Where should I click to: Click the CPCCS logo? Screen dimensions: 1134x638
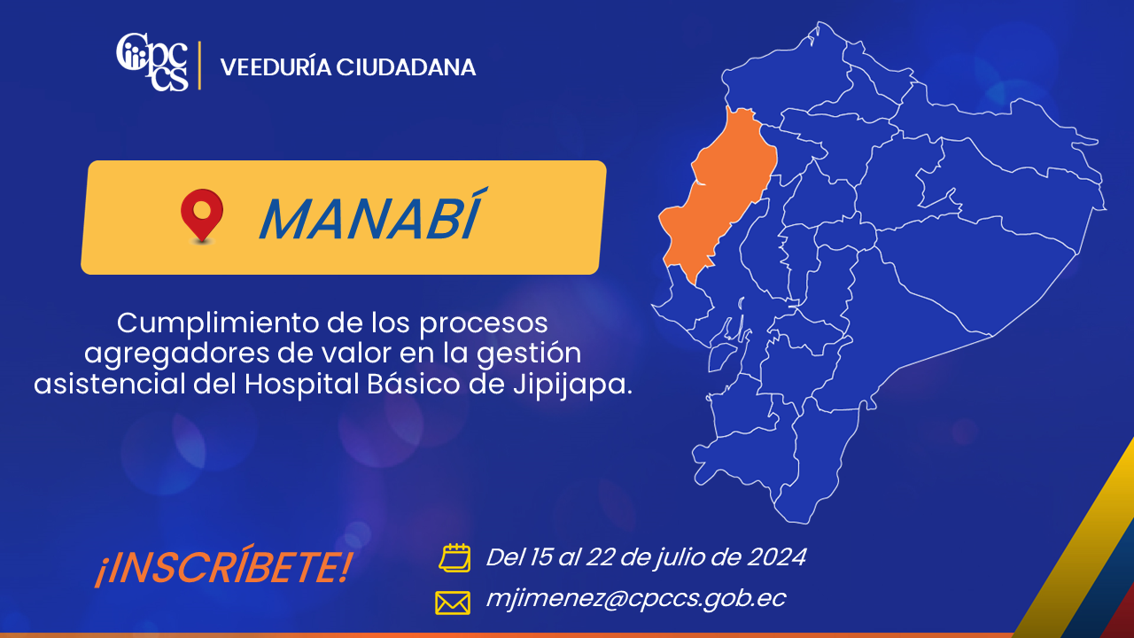click(152, 62)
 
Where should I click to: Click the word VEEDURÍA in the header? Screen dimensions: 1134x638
click(276, 67)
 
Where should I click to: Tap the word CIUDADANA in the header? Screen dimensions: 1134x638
click(406, 67)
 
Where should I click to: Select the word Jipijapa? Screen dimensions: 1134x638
click(572, 385)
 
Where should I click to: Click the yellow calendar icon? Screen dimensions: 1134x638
click(454, 558)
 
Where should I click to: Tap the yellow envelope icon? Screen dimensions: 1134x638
click(453, 603)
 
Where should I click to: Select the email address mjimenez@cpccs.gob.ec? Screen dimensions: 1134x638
click(636, 599)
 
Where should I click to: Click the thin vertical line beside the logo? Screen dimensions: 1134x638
click(200, 66)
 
